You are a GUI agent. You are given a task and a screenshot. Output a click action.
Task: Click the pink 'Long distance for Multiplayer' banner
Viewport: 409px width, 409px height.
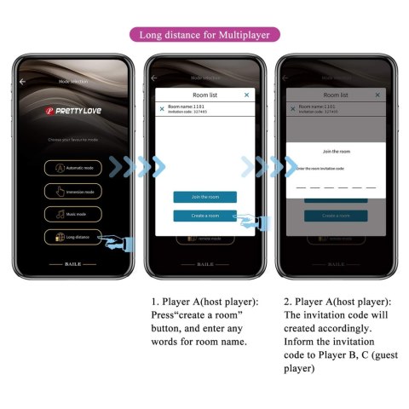(x=204, y=34)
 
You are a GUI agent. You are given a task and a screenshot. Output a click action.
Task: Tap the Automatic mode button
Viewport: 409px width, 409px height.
(x=73, y=168)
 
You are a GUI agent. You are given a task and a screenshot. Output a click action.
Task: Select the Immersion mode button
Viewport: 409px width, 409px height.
(x=73, y=191)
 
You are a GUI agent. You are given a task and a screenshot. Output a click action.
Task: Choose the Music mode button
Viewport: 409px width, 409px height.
(x=73, y=214)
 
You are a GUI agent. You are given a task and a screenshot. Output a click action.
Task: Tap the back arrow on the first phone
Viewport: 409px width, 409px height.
(x=23, y=81)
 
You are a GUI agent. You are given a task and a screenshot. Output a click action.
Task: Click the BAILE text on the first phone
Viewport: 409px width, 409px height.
(x=73, y=264)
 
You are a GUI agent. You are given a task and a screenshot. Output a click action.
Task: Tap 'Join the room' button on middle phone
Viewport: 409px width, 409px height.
(x=204, y=197)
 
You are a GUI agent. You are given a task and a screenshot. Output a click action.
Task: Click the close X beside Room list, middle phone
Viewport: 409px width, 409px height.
(x=247, y=95)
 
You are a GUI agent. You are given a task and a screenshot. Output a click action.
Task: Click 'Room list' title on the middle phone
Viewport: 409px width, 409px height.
(x=204, y=95)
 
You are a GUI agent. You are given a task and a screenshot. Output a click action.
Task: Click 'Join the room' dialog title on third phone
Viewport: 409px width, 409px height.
(x=335, y=151)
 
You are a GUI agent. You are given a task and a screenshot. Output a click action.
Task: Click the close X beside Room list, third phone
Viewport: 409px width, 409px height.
(x=377, y=95)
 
